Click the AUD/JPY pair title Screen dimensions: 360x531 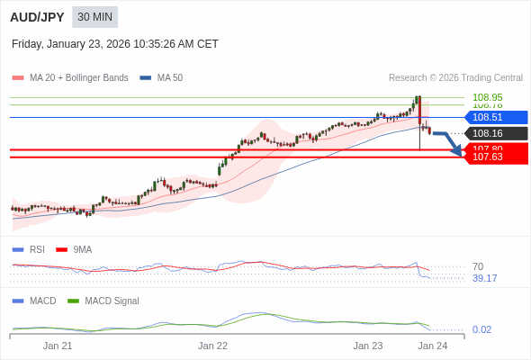point(37,17)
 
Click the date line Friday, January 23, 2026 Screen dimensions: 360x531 point(114,44)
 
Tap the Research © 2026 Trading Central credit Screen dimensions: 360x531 point(455,78)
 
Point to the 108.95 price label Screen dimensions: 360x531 point(487,97)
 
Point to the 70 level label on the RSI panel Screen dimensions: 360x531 point(478,266)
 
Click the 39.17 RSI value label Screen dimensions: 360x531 point(484,278)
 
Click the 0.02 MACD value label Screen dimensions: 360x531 point(481,329)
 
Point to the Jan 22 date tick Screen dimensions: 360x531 point(212,346)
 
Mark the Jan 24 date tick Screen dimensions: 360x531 point(432,346)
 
